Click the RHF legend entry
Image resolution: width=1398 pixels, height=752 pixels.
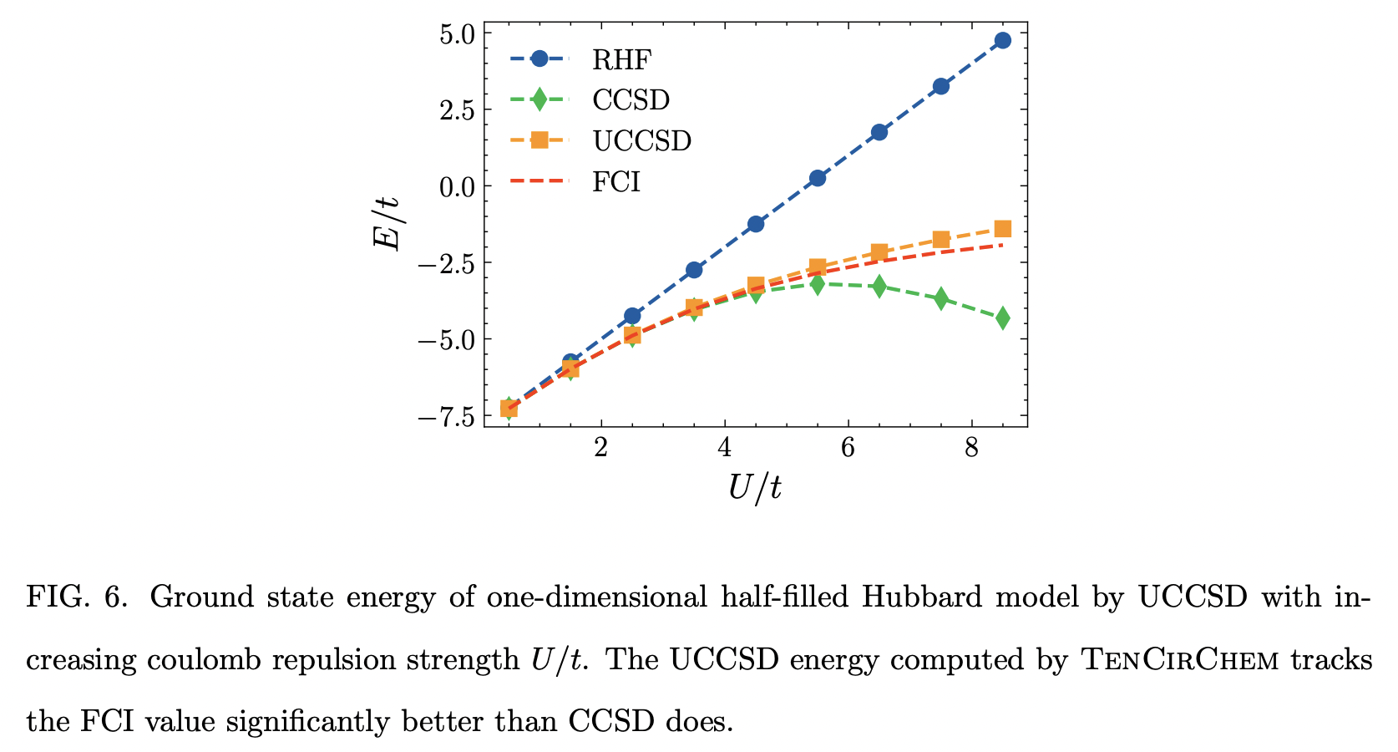click(620, 59)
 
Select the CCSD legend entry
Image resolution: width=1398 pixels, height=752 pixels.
click(631, 99)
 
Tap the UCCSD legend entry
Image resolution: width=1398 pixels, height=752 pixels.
click(641, 140)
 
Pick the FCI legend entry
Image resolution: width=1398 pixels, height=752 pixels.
click(615, 181)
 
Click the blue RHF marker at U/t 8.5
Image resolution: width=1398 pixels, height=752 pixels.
click(1002, 40)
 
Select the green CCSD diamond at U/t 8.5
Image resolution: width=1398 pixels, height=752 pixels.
click(1002, 318)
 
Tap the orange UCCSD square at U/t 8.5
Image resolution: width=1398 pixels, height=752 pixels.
click(1002, 229)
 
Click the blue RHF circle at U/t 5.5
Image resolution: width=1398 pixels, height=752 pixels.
click(817, 178)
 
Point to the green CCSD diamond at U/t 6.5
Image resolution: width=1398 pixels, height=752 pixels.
click(879, 287)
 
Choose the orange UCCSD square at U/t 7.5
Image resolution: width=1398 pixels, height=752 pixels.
click(940, 240)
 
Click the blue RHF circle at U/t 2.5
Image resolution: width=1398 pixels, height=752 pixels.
click(632, 316)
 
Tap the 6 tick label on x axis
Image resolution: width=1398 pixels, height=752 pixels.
click(848, 449)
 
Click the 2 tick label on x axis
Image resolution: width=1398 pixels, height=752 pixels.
click(600, 449)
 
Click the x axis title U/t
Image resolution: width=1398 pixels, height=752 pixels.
click(754, 487)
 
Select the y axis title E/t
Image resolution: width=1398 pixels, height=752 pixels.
click(387, 224)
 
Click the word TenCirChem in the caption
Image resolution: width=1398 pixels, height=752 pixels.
click(1180, 660)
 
